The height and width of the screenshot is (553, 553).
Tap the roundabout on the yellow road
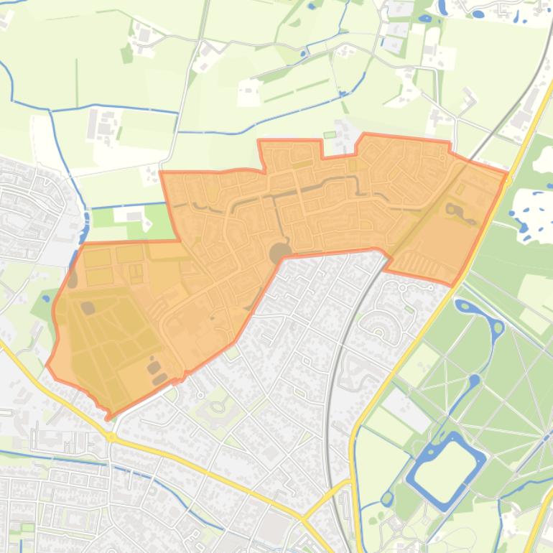[111, 437]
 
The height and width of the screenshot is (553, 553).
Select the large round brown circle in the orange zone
[279, 252]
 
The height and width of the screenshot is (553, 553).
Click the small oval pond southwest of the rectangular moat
[388, 497]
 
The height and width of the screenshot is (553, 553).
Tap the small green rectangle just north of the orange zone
[330, 134]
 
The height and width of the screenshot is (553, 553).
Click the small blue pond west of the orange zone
[46, 297]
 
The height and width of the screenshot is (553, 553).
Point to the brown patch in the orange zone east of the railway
[454, 210]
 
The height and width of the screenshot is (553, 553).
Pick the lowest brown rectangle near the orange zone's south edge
[159, 378]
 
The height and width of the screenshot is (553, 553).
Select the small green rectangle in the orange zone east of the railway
[460, 188]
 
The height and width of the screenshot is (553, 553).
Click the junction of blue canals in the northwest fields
[51, 112]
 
